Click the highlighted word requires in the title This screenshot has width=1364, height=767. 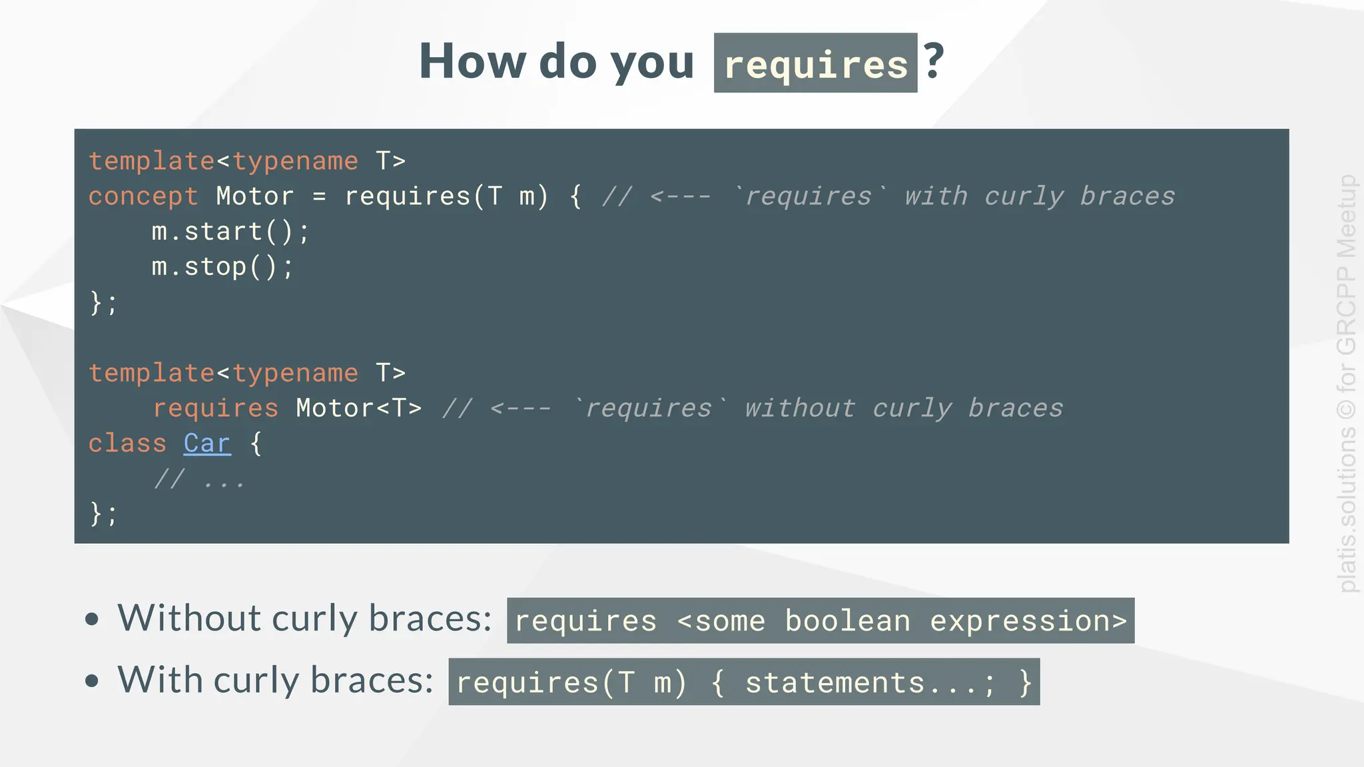[815, 65]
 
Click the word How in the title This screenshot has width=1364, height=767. [472, 61]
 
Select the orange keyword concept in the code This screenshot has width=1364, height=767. [143, 196]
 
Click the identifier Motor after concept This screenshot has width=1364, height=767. [255, 196]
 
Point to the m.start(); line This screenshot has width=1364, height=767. [230, 232]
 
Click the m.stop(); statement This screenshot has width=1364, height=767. [222, 267]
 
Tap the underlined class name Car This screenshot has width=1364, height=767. [207, 443]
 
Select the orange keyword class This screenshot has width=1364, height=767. [127, 443]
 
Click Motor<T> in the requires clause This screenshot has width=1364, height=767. [358, 408]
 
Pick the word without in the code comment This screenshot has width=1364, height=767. [800, 408]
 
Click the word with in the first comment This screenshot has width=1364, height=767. [936, 196]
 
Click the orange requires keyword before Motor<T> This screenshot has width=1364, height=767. [215, 408]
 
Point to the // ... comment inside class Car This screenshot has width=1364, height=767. [199, 479]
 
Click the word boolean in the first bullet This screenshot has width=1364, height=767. [847, 621]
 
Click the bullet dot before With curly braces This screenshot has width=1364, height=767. [92, 680]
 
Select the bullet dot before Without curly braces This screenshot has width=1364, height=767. [92, 619]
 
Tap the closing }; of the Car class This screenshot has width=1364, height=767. [103, 514]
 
